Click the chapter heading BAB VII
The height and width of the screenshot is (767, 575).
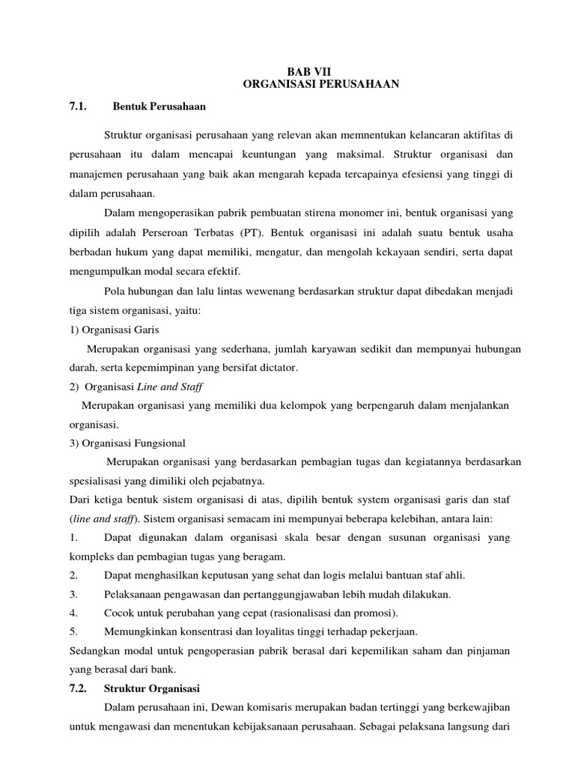[x=322, y=72]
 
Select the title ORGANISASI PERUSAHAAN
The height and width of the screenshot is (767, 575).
[x=322, y=85]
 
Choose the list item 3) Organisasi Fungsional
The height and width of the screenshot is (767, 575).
[x=127, y=443]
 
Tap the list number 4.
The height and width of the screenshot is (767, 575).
[x=73, y=612]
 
